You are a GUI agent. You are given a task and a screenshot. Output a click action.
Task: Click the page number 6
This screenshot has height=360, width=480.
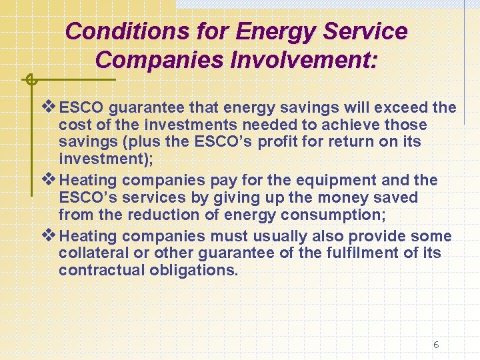[x=435, y=345]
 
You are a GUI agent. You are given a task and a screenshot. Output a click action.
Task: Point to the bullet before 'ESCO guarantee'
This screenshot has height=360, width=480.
[x=50, y=107]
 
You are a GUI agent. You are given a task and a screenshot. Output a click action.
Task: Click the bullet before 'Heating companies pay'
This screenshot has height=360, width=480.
[x=50, y=179]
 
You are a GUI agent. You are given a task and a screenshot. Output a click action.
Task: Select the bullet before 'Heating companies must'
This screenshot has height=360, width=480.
[x=50, y=235]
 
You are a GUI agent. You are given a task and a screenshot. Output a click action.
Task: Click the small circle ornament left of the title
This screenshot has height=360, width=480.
[x=29, y=80]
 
